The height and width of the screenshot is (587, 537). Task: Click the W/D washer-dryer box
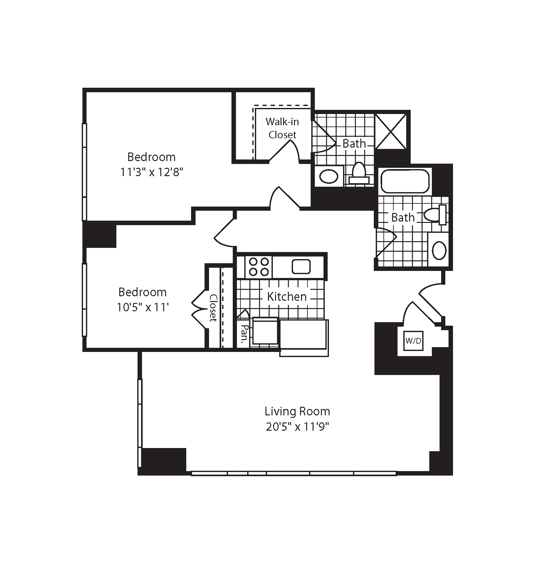(x=413, y=341)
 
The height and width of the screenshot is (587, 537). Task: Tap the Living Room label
(x=297, y=411)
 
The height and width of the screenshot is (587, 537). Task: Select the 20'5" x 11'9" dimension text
(x=298, y=427)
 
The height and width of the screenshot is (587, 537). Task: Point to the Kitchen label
(x=287, y=297)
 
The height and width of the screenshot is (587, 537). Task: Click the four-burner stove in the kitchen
(x=258, y=267)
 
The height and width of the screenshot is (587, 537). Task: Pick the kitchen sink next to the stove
(x=301, y=267)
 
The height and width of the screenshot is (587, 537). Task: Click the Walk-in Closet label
(x=282, y=128)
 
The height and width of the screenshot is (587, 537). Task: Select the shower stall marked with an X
(x=391, y=132)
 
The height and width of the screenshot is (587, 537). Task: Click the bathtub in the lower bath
(x=405, y=181)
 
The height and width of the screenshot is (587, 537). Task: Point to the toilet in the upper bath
(x=359, y=174)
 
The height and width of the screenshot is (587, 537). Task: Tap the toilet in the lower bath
(x=435, y=215)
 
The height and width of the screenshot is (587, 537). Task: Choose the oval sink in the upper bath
(x=329, y=176)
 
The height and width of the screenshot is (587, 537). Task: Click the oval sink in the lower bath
(x=439, y=250)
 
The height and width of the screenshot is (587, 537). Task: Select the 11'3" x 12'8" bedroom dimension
(x=152, y=173)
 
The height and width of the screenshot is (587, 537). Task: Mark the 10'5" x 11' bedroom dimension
(x=142, y=308)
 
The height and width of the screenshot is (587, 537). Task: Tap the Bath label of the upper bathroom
(x=354, y=143)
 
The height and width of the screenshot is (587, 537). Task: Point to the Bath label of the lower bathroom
(x=403, y=217)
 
